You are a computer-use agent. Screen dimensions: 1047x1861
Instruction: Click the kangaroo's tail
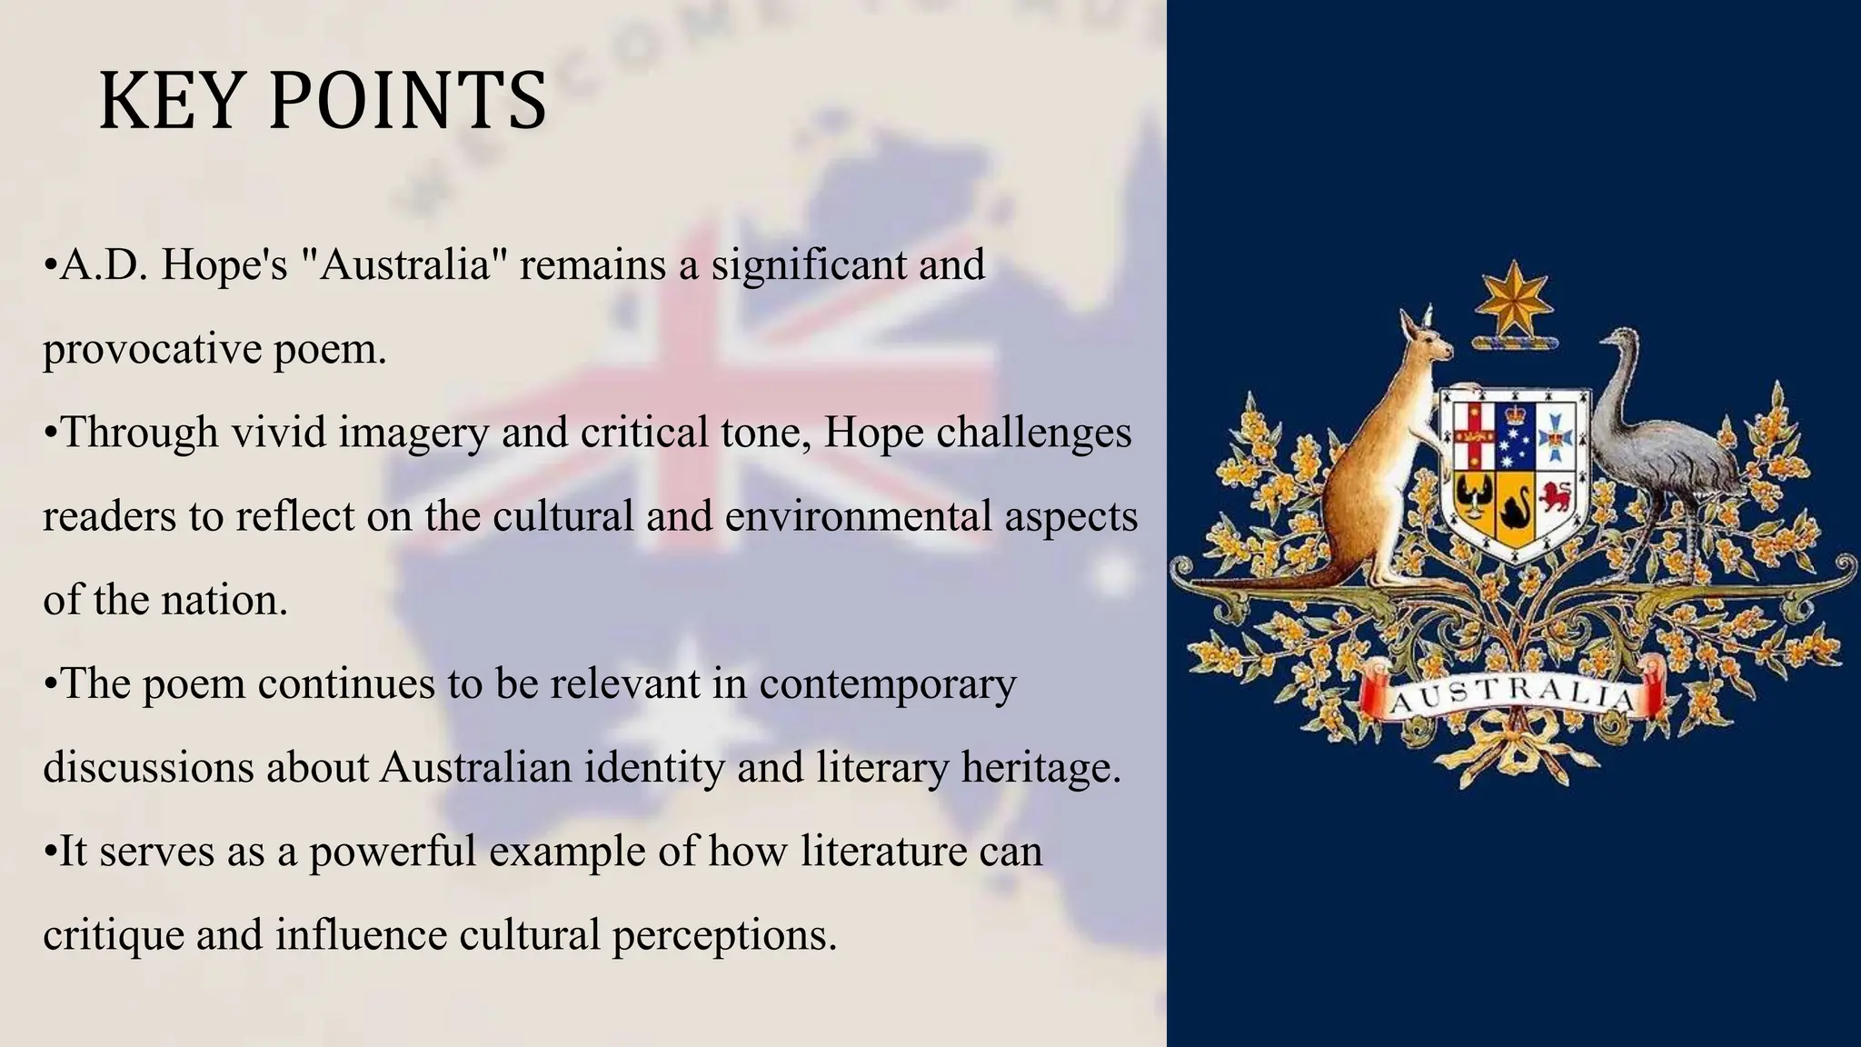point(1263,583)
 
